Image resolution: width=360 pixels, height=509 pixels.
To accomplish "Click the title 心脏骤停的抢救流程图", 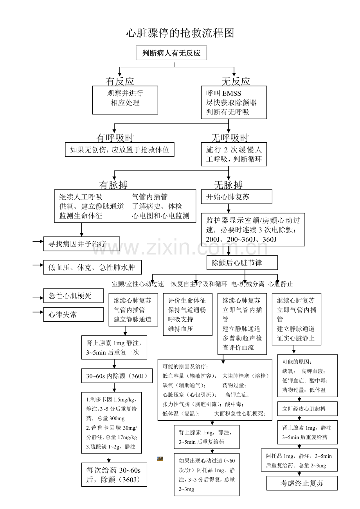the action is click(180, 33).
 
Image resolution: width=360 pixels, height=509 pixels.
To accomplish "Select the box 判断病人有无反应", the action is click(171, 53).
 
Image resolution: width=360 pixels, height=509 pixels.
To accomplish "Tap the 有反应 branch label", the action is click(120, 81).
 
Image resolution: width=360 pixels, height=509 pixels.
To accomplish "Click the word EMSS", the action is click(232, 93).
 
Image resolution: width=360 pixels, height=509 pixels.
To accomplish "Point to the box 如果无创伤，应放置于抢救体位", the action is click(120, 149).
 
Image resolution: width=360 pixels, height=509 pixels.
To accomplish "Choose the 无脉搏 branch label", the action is click(228, 185).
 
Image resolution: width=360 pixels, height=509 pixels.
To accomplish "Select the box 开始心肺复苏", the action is click(236, 197).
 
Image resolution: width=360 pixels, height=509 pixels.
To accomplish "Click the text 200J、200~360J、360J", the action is click(241, 239).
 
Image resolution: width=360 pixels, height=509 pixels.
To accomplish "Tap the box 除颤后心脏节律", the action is click(242, 263).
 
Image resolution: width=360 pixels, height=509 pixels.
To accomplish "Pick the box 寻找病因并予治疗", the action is click(81, 244).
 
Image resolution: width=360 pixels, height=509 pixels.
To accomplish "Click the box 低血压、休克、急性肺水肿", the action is click(92, 267).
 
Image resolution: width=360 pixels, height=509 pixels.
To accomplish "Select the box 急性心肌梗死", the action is click(73, 296).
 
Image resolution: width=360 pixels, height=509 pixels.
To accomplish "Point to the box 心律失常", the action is click(73, 314).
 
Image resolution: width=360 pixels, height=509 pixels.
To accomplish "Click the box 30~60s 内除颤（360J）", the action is click(117, 376).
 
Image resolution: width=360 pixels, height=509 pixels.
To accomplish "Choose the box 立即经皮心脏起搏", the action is click(307, 409).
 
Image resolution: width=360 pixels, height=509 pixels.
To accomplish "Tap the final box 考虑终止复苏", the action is click(302, 483).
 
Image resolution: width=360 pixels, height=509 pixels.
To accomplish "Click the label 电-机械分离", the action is click(248, 284).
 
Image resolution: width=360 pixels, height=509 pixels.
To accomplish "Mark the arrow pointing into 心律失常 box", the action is click(38, 312).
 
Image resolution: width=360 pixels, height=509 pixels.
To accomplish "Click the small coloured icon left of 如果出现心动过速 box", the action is click(160, 459).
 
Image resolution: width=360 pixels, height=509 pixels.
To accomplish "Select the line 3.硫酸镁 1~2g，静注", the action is click(110, 447).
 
